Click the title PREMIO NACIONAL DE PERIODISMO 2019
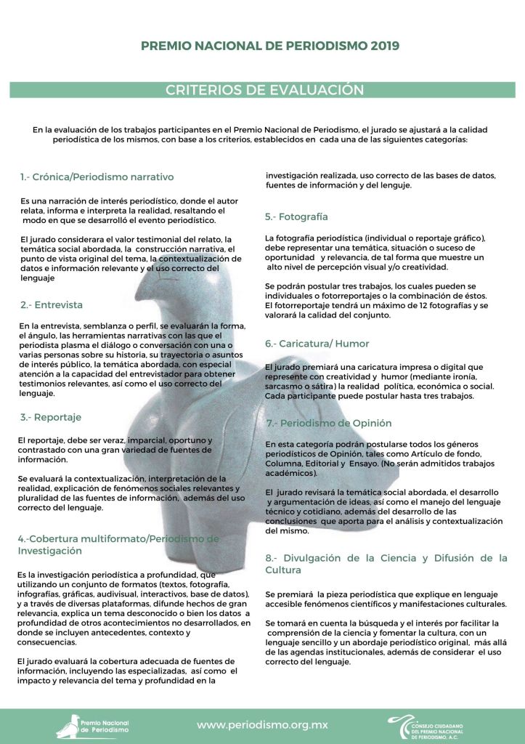tap(269, 46)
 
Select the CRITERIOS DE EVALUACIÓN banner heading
tap(264, 90)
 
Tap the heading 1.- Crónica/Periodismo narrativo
tap(97, 177)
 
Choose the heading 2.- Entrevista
tap(51, 304)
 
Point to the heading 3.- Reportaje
tap(49, 417)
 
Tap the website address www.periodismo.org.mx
tap(262, 724)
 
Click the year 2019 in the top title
tap(384, 46)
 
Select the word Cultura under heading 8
tap(283, 570)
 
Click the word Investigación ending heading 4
tap(49, 551)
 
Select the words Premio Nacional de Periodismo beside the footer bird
tap(104, 727)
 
